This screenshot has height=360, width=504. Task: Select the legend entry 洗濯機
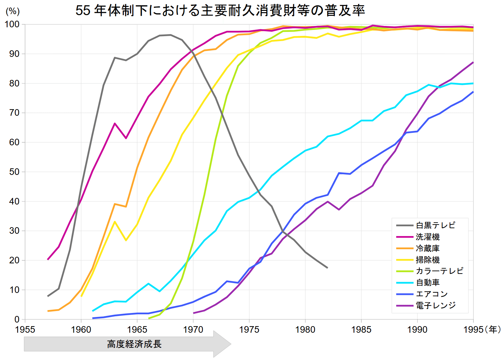(427, 237)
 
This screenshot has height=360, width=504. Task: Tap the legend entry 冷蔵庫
(427, 248)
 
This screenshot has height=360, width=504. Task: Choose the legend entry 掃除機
(427, 260)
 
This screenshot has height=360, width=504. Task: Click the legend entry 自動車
(427, 282)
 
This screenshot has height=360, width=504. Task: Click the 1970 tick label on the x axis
(193, 329)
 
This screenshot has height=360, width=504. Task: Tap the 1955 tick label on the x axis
(25, 329)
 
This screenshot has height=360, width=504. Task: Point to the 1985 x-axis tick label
(361, 329)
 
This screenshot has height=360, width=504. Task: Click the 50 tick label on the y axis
(14, 172)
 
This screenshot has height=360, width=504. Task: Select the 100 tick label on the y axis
(12, 25)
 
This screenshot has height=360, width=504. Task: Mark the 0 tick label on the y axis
(17, 319)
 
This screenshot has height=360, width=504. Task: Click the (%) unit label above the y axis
(12, 12)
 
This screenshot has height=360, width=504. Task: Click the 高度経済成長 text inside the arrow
(134, 344)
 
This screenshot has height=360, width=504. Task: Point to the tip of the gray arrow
(230, 344)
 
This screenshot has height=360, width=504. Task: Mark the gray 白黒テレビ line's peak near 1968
(171, 35)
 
